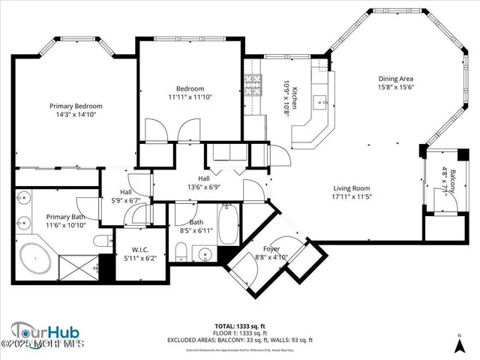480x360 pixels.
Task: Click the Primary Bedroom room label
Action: pyautogui.click(x=76, y=106)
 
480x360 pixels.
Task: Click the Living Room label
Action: pyautogui.click(x=352, y=188)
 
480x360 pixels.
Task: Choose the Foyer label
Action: pyautogui.click(x=271, y=248)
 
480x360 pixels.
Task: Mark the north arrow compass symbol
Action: pyautogui.click(x=459, y=346)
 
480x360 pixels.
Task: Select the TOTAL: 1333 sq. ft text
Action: pyautogui.click(x=239, y=326)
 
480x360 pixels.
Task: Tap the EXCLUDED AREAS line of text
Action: pyautogui.click(x=239, y=340)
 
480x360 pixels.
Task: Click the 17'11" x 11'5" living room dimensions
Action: pyautogui.click(x=352, y=197)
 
